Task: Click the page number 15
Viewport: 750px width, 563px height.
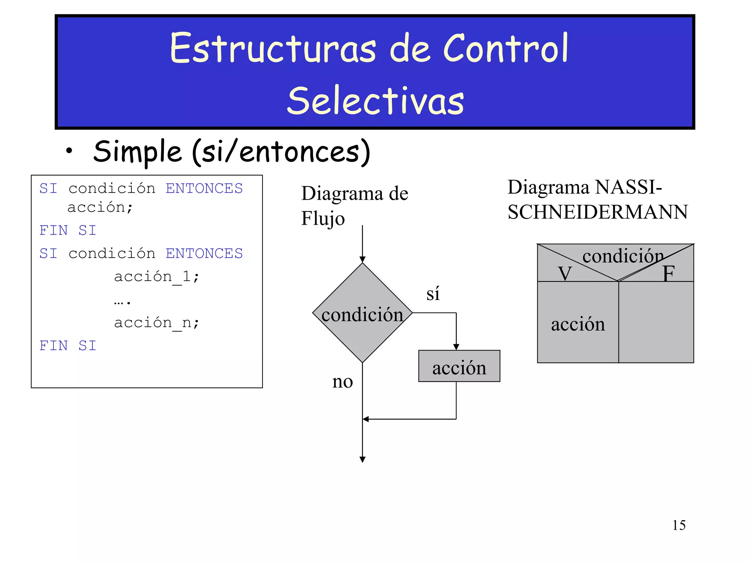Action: click(x=679, y=525)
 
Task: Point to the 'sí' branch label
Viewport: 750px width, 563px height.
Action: click(x=433, y=294)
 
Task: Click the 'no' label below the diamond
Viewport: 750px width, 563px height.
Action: click(x=342, y=382)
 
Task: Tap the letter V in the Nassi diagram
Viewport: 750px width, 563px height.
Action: click(x=565, y=273)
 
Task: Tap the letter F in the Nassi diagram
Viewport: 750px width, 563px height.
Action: click(x=668, y=273)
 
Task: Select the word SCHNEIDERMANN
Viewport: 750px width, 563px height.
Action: click(x=598, y=212)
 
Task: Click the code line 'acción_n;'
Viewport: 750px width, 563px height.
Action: click(x=156, y=323)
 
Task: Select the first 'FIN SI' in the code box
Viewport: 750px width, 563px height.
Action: click(x=68, y=231)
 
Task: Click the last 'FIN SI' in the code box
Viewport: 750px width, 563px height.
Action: click(x=68, y=346)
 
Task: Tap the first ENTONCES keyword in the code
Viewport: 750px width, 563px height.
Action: click(x=204, y=188)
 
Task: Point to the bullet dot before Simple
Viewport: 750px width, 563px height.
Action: click(x=69, y=151)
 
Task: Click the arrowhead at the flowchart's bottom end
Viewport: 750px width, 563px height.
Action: click(x=363, y=460)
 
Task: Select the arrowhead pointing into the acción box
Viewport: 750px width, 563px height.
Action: click(x=456, y=347)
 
